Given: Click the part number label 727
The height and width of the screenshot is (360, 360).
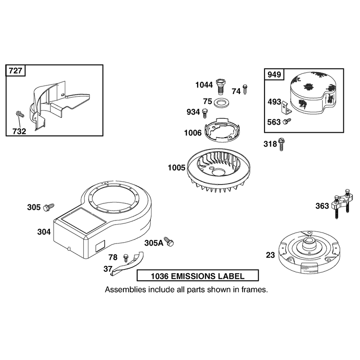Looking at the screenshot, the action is point(15,71).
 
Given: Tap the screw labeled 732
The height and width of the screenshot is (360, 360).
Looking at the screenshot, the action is point(20,114).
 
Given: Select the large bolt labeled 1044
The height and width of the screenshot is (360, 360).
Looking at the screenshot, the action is point(220,86).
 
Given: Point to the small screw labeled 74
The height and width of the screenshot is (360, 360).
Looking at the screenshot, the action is point(245,90).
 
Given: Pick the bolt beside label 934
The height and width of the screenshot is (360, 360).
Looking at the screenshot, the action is point(205,113).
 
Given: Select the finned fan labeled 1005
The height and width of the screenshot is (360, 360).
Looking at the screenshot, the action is point(219,170).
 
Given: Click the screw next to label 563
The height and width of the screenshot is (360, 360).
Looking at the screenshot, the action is point(287,121).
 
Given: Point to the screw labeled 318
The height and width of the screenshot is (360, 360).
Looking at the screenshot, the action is point(281,144).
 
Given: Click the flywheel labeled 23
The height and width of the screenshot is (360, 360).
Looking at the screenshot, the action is point(309,252).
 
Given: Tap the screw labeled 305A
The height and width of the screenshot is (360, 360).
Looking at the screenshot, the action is point(169,242).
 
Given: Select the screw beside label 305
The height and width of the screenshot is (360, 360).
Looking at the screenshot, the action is point(49,207).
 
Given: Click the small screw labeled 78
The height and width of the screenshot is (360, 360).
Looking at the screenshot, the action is point(126,257).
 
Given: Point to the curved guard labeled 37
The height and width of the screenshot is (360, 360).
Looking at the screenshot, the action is point(128,264).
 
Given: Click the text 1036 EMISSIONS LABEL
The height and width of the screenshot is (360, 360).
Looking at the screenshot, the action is point(198,276).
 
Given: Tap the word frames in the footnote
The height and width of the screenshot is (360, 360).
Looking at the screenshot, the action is point(254,290).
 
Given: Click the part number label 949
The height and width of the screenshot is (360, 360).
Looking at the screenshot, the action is point(274,74).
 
